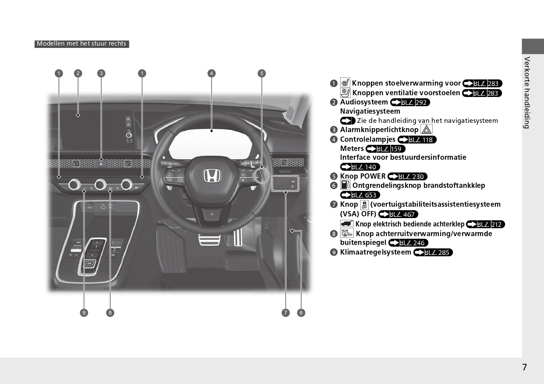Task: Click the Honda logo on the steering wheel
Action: coord(212,176)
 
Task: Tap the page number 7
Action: coord(525,367)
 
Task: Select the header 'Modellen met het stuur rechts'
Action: coord(82,44)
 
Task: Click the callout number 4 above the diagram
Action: coord(212,73)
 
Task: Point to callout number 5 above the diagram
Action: coord(261,73)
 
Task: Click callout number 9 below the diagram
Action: coord(84,312)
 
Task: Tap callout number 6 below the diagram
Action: coord(301,312)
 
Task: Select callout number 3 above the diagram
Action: coord(101,73)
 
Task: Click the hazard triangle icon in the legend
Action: coord(426,129)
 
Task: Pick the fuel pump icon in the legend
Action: coord(345,185)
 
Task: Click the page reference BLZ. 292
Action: coord(410,102)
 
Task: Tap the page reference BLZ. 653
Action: coord(360,195)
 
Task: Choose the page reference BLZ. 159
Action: coord(385,149)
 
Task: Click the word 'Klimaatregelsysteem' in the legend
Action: coord(376,252)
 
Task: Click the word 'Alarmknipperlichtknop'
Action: coord(379,130)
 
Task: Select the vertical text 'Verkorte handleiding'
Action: coord(527,92)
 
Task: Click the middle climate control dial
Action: coord(100,184)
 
